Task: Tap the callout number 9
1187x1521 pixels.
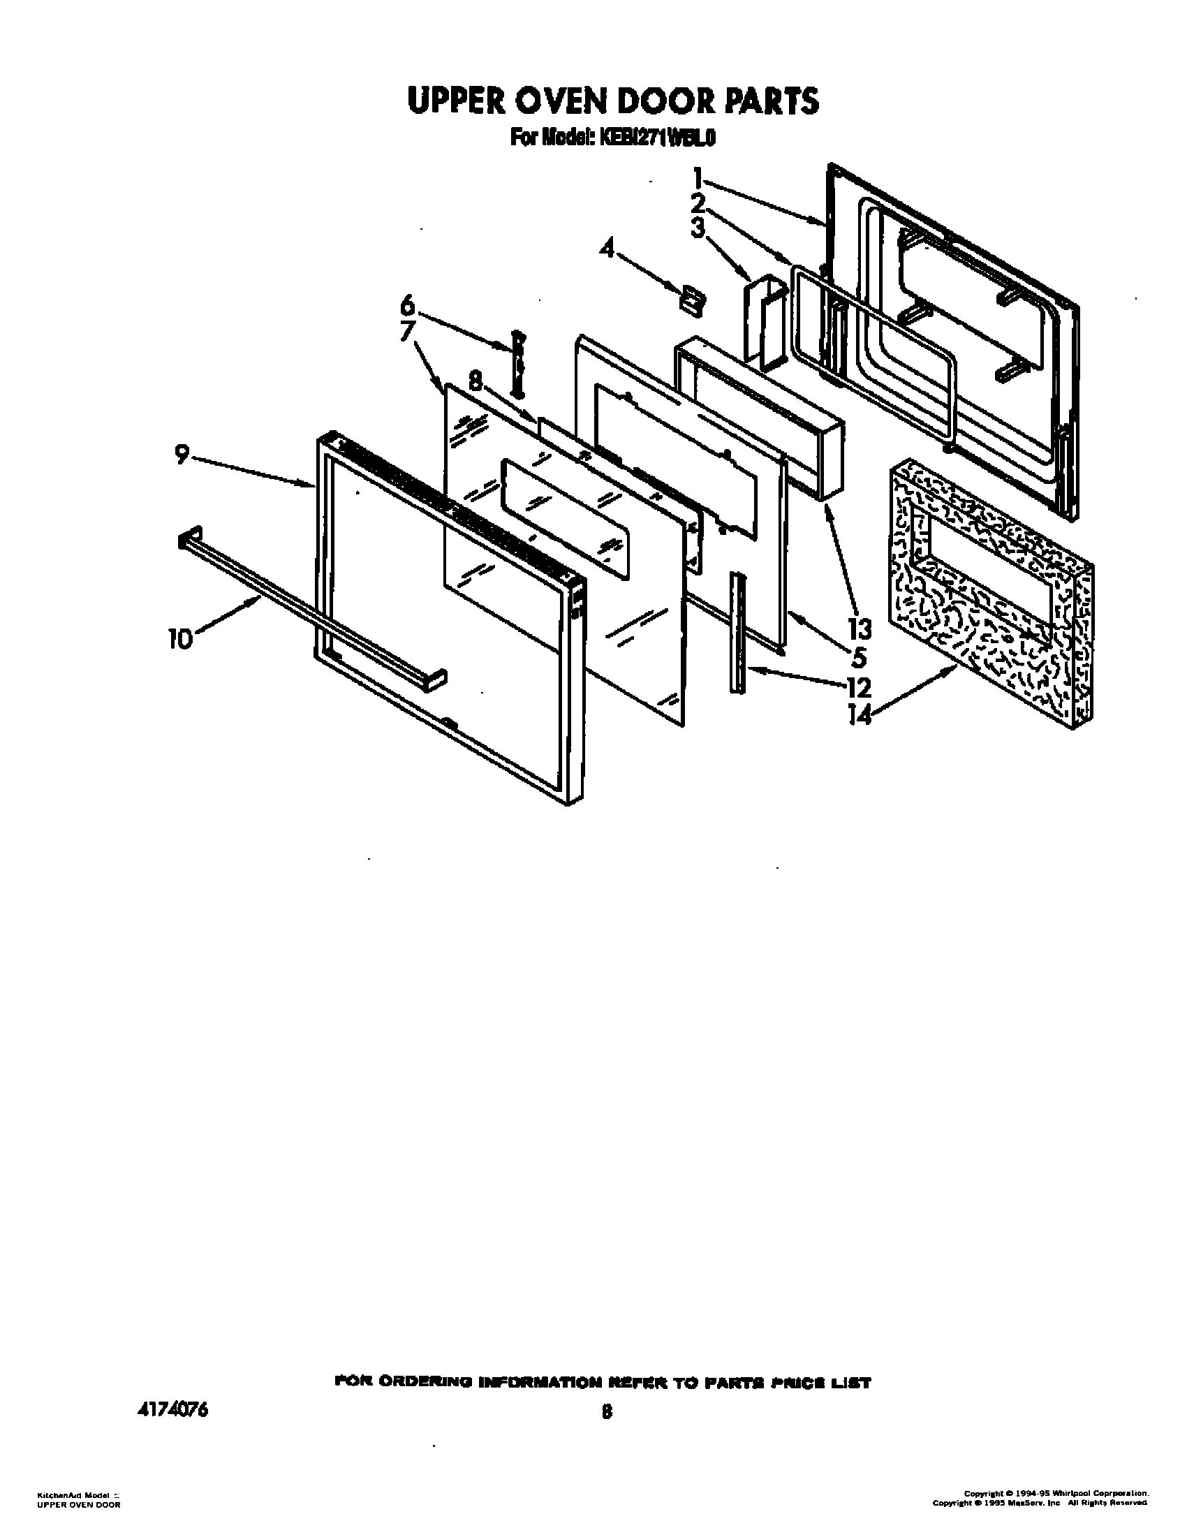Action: [x=182, y=455]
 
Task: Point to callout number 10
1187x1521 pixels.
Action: [x=180, y=639]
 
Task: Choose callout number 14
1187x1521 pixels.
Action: [x=859, y=716]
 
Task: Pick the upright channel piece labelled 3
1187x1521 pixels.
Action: [x=765, y=321]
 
